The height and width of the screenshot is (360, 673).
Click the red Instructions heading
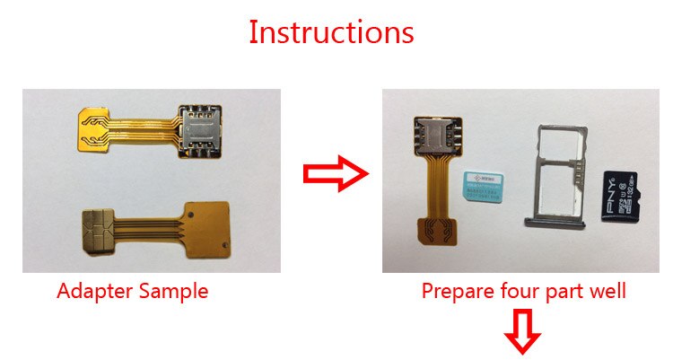click(x=331, y=32)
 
